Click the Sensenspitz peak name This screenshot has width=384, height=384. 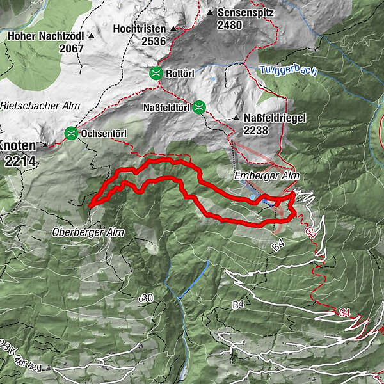click(243, 12)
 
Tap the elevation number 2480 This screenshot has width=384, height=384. click(230, 25)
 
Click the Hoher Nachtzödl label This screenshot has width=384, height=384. click(47, 36)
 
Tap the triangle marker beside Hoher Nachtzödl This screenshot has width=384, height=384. click(92, 36)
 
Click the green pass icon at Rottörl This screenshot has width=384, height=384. click(156, 74)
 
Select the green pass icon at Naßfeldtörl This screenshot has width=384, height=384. click(199, 107)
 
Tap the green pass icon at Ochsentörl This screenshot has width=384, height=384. click(71, 134)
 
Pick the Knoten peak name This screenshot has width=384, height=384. click(20, 145)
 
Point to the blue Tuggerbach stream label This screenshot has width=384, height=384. click(289, 70)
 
